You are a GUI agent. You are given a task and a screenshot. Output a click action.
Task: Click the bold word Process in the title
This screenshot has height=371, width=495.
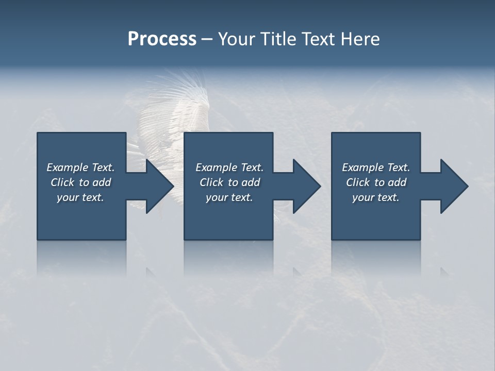coord(162,39)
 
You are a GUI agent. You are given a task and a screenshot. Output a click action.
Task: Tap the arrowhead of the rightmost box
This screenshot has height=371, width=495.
coord(456,186)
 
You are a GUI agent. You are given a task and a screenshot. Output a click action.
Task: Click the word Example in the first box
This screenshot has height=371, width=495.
coord(68,167)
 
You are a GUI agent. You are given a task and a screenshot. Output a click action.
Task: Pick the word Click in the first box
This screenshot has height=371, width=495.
coord(62,182)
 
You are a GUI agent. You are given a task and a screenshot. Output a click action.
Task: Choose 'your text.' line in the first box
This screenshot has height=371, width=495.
coord(80,197)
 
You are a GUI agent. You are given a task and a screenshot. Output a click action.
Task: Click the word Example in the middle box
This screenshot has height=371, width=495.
coord(217,167)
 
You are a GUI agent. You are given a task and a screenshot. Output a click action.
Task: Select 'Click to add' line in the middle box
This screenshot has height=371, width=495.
coord(229,182)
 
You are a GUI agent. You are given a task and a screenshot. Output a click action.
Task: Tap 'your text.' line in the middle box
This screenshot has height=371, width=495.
coord(229,197)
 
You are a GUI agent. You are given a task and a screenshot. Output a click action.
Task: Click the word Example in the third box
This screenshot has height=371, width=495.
coord(363,167)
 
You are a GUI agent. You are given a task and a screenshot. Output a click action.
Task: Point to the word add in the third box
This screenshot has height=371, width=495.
coord(397,182)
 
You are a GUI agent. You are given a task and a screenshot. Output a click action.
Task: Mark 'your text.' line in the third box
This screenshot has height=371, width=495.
coord(376,197)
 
